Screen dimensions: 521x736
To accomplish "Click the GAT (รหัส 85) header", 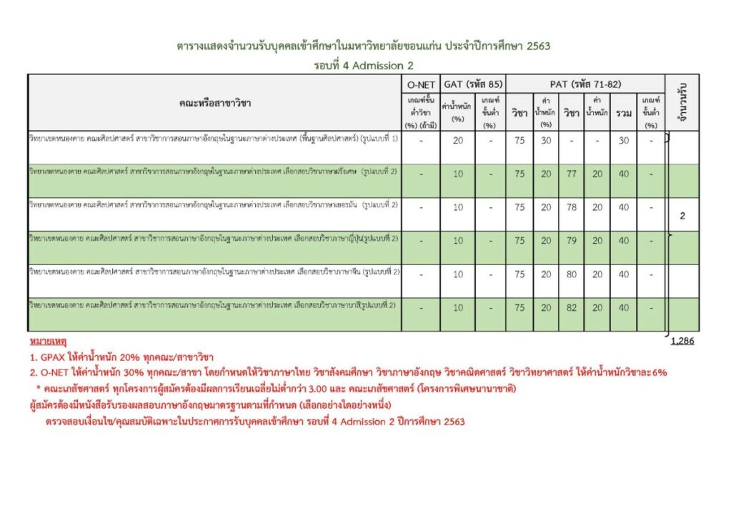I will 473,84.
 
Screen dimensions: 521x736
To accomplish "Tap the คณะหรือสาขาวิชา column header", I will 215,104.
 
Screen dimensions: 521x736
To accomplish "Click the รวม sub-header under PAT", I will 624,113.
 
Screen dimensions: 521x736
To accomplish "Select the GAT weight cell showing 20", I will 458,141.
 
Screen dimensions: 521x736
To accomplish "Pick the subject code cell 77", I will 572,174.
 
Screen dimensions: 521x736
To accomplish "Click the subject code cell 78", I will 572,207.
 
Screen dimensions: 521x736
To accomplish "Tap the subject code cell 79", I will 572,241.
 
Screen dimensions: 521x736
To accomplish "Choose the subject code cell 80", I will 572,274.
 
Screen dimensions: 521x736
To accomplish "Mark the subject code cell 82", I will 572,308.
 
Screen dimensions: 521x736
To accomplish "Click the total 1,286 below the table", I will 682,341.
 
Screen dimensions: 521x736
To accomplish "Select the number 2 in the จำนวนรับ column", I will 682,216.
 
